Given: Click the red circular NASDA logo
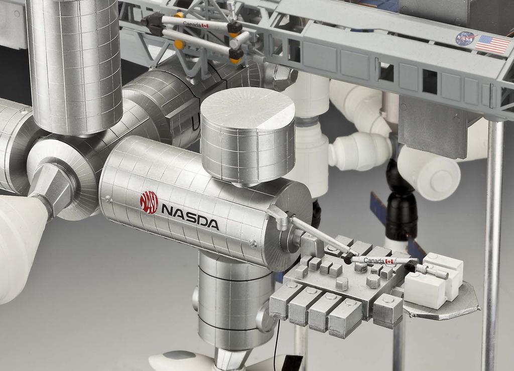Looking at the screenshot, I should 149,202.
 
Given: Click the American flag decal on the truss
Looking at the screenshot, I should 492,44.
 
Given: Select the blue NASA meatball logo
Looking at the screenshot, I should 465,39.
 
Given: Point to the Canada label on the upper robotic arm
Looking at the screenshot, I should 194,24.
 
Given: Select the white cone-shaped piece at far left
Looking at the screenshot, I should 20,246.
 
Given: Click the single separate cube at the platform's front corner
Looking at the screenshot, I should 388,310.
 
